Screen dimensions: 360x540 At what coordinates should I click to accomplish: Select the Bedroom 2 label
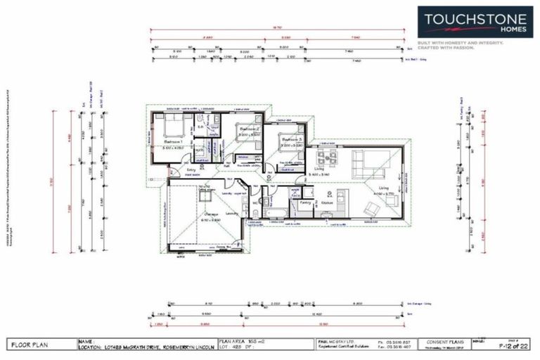[x=249, y=130]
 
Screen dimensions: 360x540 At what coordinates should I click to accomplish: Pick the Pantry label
[x=306, y=201]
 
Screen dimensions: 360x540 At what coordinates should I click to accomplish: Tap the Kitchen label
[x=327, y=202]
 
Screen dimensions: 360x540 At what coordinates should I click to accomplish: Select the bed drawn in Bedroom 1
[x=169, y=127]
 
